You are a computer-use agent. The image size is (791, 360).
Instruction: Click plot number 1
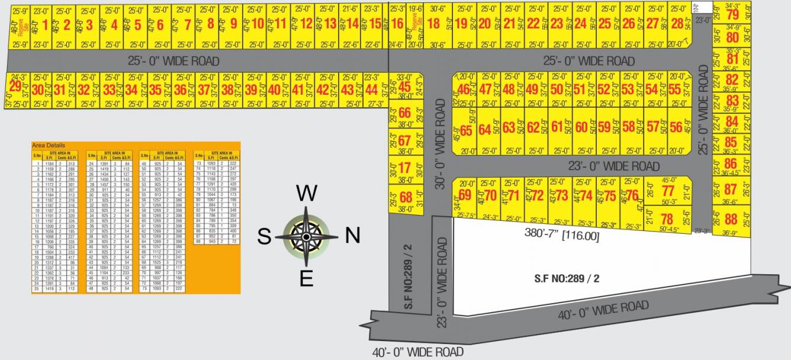pyautogui.click(x=46, y=25)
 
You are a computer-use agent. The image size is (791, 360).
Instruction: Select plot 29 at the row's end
pyautogui.click(x=15, y=87)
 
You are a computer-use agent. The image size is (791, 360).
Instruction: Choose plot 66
pyautogui.click(x=405, y=113)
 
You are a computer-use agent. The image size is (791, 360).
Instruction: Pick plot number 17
pyautogui.click(x=404, y=168)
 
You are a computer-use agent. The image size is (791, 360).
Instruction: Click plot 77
pyautogui.click(x=668, y=191)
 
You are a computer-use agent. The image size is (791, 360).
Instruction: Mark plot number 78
pyautogui.click(x=667, y=219)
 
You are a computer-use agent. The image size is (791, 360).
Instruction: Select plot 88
pyautogui.click(x=731, y=219)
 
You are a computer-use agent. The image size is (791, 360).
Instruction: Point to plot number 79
pyautogui.click(x=732, y=15)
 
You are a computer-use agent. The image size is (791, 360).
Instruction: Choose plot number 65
pyautogui.click(x=466, y=131)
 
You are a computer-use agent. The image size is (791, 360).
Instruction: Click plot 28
pyautogui.click(x=677, y=24)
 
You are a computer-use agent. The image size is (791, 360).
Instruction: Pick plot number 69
pyautogui.click(x=465, y=195)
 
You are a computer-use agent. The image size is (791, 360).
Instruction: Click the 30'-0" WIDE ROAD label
pyautogui.click(x=439, y=144)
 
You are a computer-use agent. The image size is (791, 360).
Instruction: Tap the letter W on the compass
pyautogui.click(x=306, y=194)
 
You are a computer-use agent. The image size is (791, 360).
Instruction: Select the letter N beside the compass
pyautogui.click(x=352, y=236)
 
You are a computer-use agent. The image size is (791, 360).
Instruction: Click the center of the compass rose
pyautogui.click(x=306, y=237)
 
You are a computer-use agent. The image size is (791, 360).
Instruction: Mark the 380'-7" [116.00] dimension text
pyautogui.click(x=561, y=236)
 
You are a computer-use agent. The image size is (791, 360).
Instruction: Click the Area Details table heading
pyautogui.click(x=49, y=145)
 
